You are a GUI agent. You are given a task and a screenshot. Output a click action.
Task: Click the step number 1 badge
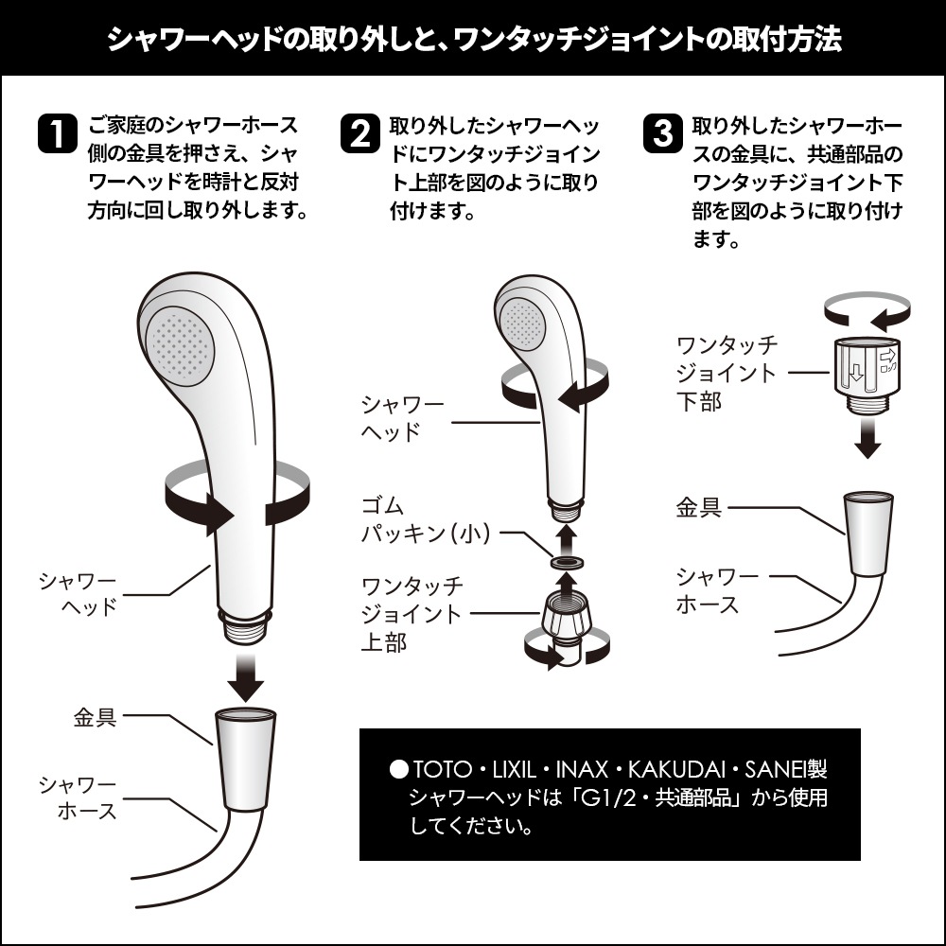(56, 133)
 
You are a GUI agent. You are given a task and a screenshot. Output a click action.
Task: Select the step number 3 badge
(662, 133)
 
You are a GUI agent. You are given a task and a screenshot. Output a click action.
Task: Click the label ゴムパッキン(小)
(425, 519)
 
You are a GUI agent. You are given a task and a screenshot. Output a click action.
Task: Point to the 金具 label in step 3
(699, 507)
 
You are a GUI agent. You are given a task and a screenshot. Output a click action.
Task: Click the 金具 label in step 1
(95, 716)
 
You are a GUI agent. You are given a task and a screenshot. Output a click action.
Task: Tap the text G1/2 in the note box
(611, 797)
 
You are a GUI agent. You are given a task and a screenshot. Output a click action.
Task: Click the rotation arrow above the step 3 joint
(867, 308)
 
